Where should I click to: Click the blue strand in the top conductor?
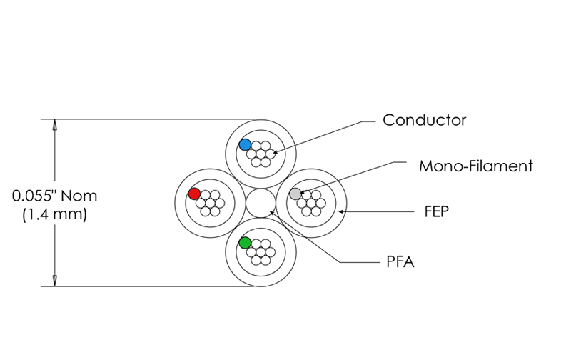(x=246, y=144)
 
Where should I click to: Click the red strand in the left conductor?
(x=194, y=194)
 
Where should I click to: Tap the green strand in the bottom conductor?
(x=246, y=243)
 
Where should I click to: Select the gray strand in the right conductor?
(x=295, y=194)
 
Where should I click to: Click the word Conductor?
(x=425, y=120)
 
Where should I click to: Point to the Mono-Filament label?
(x=476, y=166)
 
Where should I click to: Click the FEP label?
(x=435, y=212)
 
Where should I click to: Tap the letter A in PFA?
(x=409, y=263)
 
